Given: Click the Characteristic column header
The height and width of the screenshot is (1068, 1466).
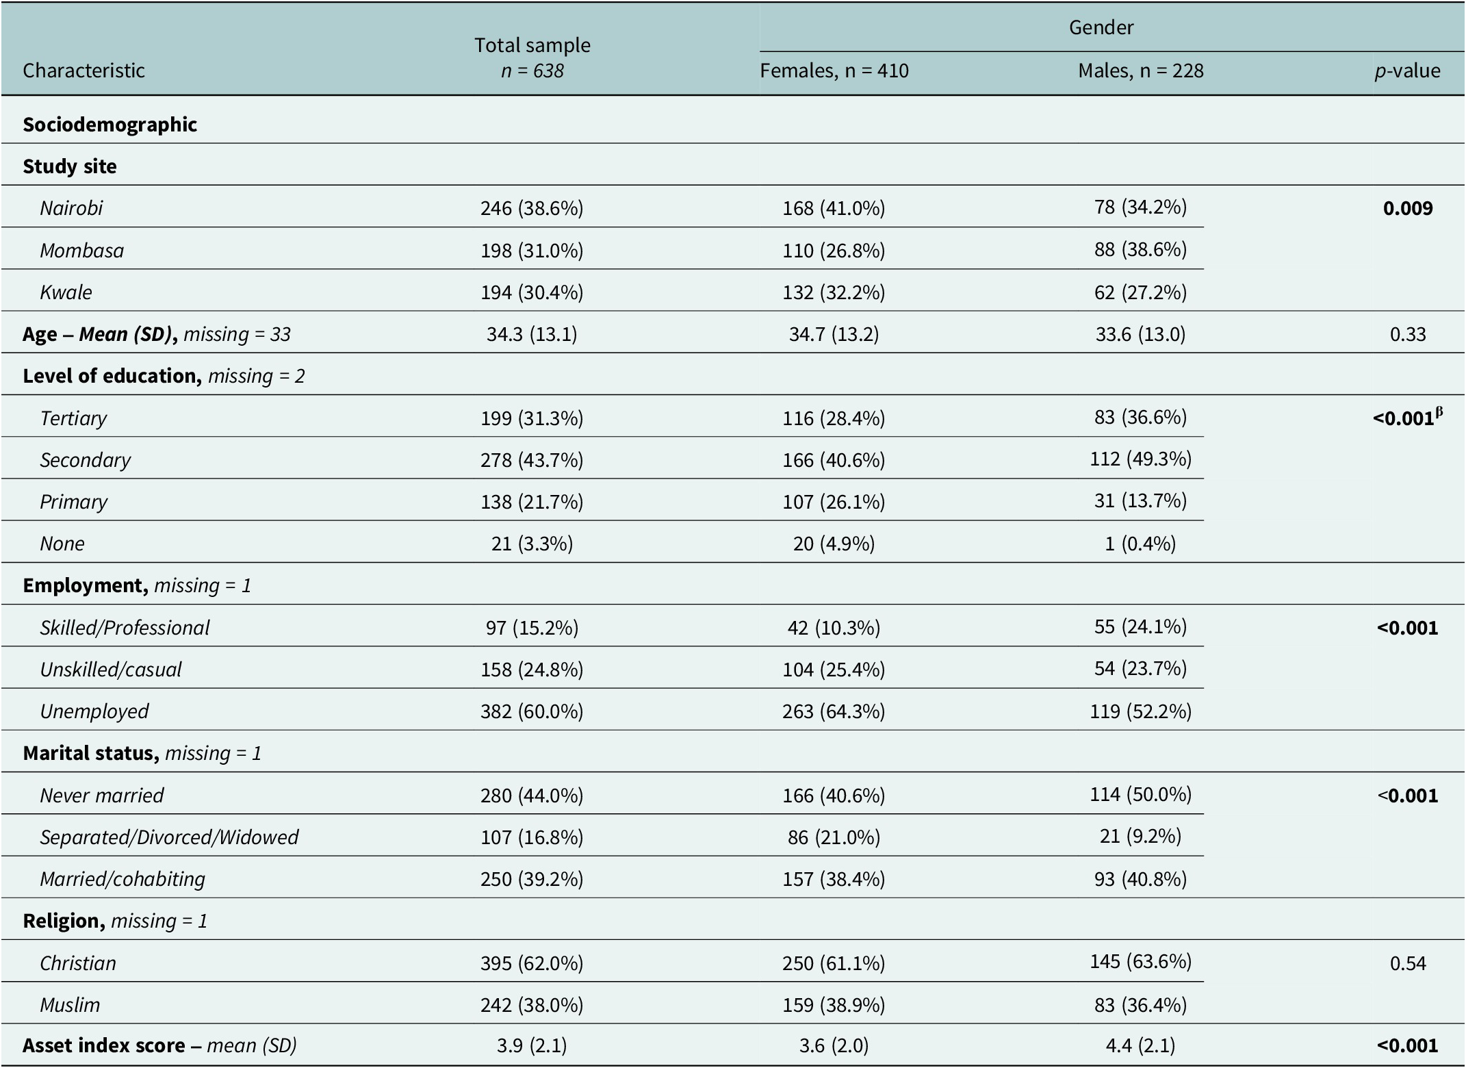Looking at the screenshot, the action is pyautogui.click(x=83, y=71).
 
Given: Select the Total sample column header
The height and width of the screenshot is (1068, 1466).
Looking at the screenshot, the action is pyautogui.click(x=532, y=45).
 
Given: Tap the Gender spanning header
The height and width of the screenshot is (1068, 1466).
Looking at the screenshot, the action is pyautogui.click(x=1101, y=27).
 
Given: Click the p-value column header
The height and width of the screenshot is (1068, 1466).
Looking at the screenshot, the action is pyautogui.click(x=1407, y=71).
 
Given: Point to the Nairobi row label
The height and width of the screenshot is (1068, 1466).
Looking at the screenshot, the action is pyautogui.click(x=71, y=208).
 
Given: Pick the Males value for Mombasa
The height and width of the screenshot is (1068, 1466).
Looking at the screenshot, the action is pyautogui.click(x=1140, y=249).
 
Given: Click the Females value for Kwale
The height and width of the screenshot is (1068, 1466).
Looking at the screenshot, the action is pyautogui.click(x=834, y=292).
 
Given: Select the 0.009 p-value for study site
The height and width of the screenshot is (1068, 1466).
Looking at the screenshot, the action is pyautogui.click(x=1408, y=208).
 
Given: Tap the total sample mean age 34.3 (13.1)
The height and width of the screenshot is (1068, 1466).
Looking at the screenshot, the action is pyautogui.click(x=532, y=334).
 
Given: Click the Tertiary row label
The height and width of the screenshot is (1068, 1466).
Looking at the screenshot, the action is pyautogui.click(x=73, y=418).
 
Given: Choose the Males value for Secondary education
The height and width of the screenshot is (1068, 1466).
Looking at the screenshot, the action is pyautogui.click(x=1140, y=459).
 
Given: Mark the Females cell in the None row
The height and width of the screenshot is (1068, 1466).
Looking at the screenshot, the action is pyautogui.click(x=834, y=544).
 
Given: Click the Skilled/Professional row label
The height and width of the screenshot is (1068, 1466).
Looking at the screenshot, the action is pyautogui.click(x=125, y=628).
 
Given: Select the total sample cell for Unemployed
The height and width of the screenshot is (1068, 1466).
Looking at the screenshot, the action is pyautogui.click(x=532, y=711).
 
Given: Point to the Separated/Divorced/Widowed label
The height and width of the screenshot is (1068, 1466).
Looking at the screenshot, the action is pyautogui.click(x=169, y=837).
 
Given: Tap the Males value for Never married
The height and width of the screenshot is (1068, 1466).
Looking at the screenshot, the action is pyautogui.click(x=1140, y=794).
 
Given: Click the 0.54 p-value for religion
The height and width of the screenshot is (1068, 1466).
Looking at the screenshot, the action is pyautogui.click(x=1408, y=963).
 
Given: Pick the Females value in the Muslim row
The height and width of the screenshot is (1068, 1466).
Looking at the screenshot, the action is pyautogui.click(x=834, y=1005).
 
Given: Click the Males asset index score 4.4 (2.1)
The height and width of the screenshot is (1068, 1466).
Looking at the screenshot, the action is pyautogui.click(x=1140, y=1045).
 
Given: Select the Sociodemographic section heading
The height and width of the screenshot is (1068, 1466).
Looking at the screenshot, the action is pyautogui.click(x=110, y=125).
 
